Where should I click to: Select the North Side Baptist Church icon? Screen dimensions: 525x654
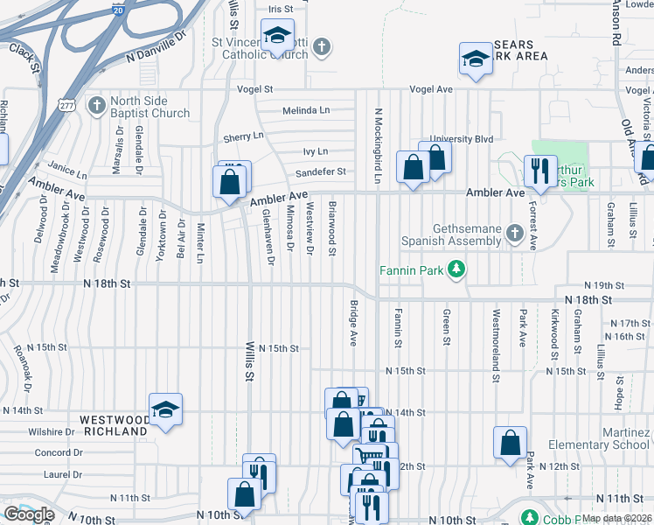coord(97,105)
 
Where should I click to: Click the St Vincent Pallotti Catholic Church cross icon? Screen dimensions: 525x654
coord(322,45)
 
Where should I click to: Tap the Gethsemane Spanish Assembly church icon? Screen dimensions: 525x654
coord(515,233)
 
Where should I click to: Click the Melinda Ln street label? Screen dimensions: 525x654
coord(306,110)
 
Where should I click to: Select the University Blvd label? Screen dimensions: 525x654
coord(473,138)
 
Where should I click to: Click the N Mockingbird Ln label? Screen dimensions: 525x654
coord(379,145)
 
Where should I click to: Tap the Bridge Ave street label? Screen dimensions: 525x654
coord(354,324)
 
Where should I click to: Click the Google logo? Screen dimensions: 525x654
coord(29,514)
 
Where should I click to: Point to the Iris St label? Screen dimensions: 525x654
coord(279,9)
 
